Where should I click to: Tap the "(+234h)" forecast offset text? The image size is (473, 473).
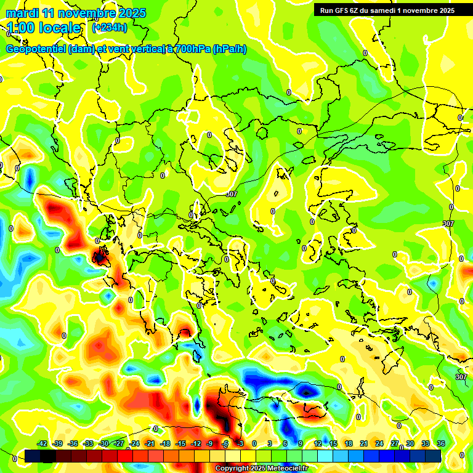click(110, 28)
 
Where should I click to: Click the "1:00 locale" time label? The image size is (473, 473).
click(44, 28)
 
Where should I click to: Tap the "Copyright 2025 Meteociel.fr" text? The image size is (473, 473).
click(262, 469)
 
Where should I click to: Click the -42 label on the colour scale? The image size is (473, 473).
click(42, 443)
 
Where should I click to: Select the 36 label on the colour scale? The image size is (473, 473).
click(441, 443)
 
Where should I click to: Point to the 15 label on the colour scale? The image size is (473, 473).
click(333, 443)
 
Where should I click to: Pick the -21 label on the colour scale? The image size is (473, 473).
click(150, 443)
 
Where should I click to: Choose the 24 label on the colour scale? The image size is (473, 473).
click(379, 443)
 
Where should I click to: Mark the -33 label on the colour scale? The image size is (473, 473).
click(88, 443)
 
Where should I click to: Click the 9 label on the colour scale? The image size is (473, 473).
click(301, 443)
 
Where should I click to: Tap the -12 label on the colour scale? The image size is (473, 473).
click(196, 443)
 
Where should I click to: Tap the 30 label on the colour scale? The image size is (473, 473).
click(410, 443)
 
